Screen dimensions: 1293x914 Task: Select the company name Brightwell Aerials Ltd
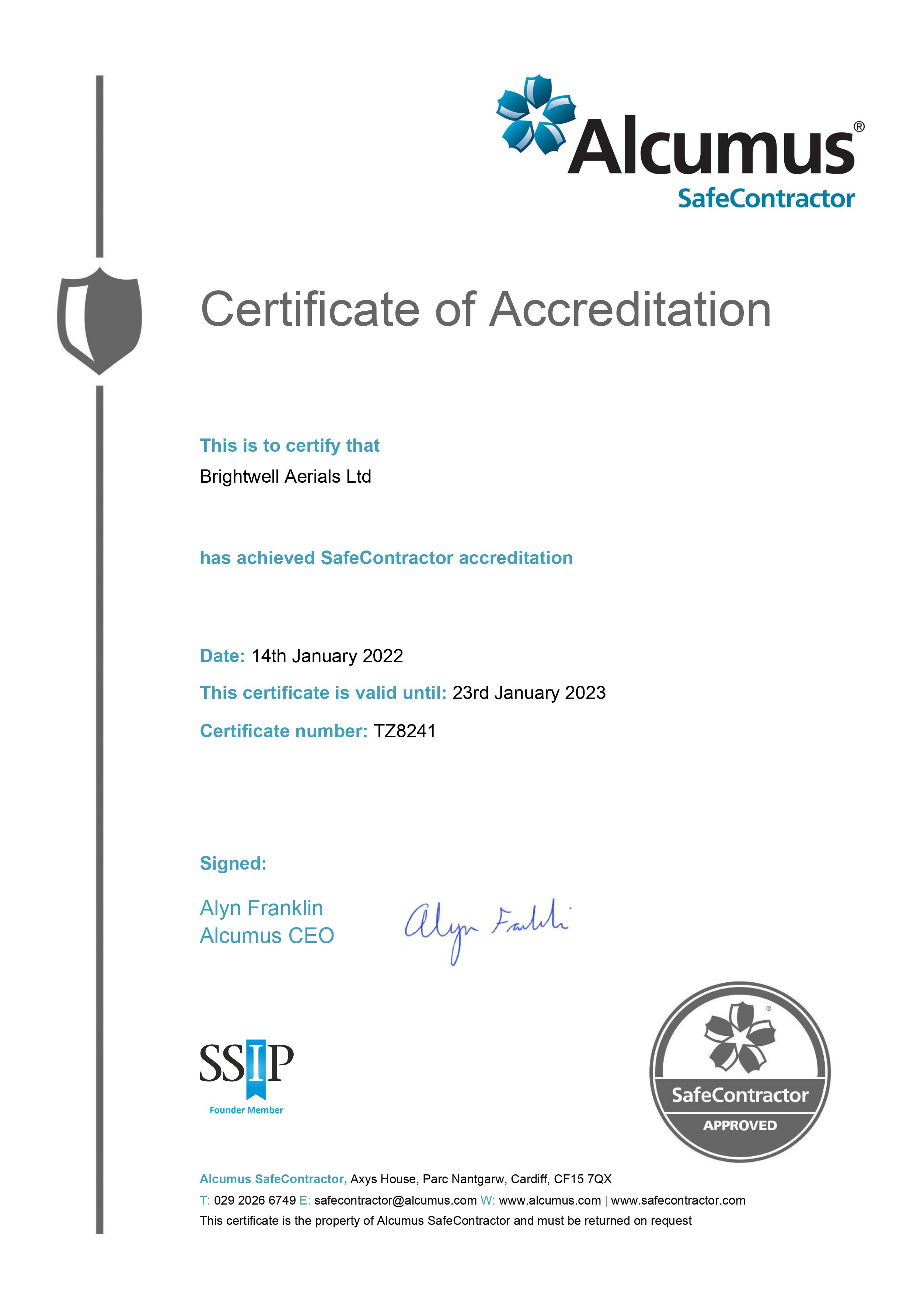tap(286, 476)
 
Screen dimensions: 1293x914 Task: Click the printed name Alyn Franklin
tap(261, 908)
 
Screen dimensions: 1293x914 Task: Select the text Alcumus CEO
tap(267, 936)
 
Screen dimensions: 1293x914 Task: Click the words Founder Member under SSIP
tap(246, 1110)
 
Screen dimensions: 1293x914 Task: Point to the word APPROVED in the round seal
tap(739, 1125)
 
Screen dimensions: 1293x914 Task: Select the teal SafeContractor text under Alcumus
tap(766, 199)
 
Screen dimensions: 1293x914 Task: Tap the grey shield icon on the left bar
tap(100, 321)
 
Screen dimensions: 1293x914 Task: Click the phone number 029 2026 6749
tap(255, 1200)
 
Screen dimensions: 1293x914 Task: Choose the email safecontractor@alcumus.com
tap(395, 1200)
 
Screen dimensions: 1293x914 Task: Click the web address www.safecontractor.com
tap(678, 1200)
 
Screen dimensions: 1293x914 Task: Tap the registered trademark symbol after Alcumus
tap(859, 127)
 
